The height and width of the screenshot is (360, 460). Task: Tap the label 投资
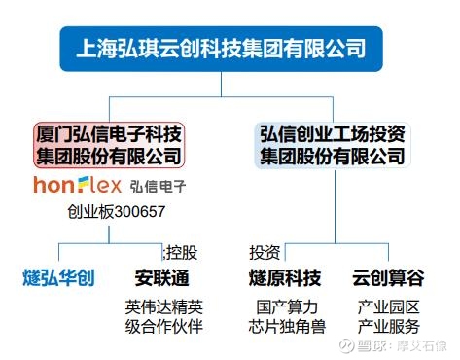pyautogui.click(x=265, y=252)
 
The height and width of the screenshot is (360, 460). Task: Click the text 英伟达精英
pyautogui.click(x=163, y=306)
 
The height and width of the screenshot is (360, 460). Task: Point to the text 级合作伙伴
pyautogui.click(x=163, y=326)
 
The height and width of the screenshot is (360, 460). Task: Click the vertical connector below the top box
pyautogui.click(x=222, y=85)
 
